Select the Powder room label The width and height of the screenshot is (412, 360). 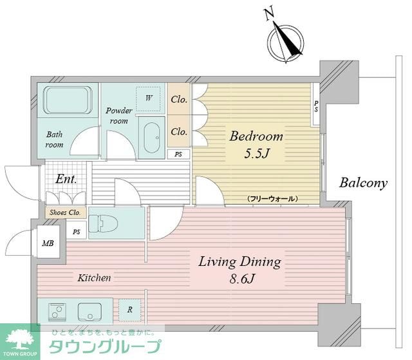tap(119, 115)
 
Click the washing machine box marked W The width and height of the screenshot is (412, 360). tap(149, 99)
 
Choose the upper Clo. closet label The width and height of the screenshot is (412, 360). tap(179, 100)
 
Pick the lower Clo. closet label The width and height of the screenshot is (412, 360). tap(179, 131)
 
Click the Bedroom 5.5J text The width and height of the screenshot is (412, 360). tap(256, 146)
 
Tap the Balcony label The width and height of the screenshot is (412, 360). tap(364, 183)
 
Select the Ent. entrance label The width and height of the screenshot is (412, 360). tap(66, 179)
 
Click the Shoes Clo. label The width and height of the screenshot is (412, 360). tap(64, 213)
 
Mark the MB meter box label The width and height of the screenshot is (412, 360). tap(48, 243)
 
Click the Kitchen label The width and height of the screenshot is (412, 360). tap(95, 278)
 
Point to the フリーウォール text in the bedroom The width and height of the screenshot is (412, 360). tap(272, 199)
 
